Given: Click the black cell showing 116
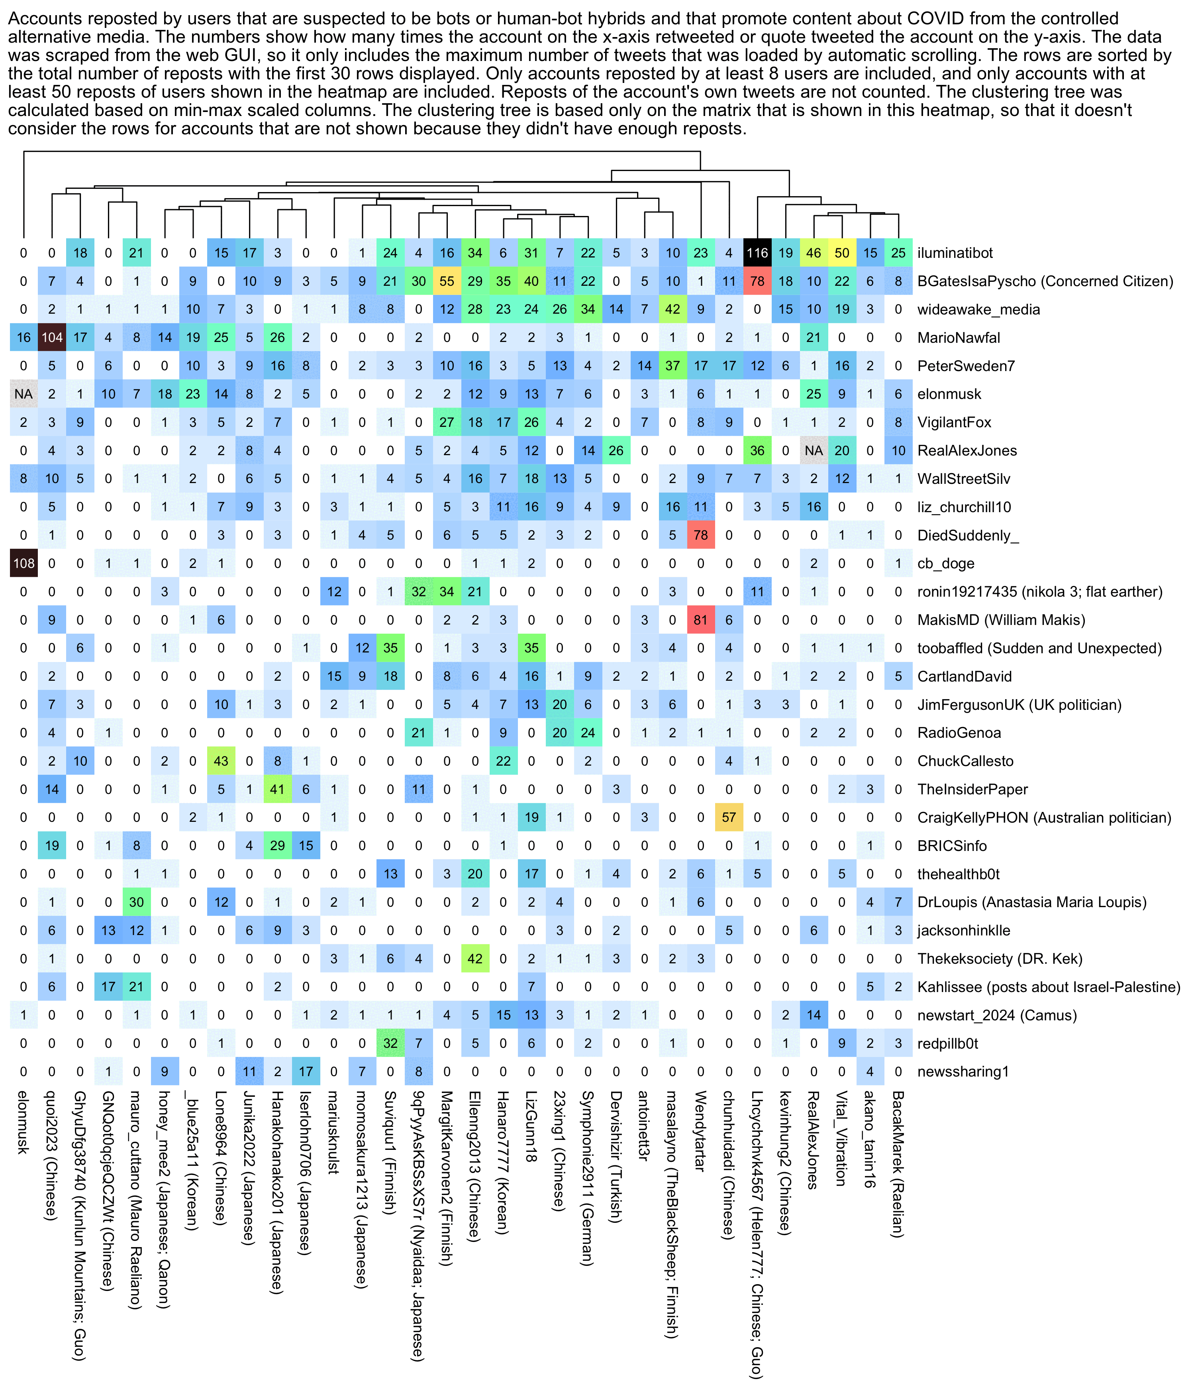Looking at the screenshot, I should point(757,253).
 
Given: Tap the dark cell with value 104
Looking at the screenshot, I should point(52,338).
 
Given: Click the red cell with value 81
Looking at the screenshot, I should point(701,620).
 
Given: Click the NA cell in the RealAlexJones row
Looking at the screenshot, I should point(814,450).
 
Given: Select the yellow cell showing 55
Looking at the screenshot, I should point(447,281).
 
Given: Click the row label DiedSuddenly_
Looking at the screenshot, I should point(968,535).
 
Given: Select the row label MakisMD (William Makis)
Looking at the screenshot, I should point(1001,620).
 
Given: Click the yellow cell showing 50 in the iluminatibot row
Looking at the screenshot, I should point(842,253).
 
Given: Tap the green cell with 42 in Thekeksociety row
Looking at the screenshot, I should point(475,959).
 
